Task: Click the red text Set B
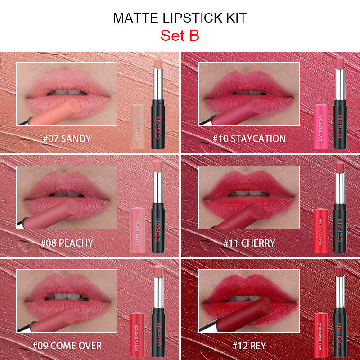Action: click(x=180, y=36)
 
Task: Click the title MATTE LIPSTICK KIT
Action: click(x=180, y=18)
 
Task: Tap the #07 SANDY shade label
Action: click(x=67, y=139)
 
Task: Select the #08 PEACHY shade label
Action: click(x=67, y=243)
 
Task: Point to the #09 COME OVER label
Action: click(x=67, y=346)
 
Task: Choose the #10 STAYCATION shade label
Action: click(x=249, y=139)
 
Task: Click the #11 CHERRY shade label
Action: click(x=249, y=243)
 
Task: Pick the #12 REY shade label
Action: click(x=249, y=346)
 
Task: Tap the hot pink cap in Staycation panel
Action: click(x=320, y=126)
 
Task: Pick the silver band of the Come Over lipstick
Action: click(x=158, y=292)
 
